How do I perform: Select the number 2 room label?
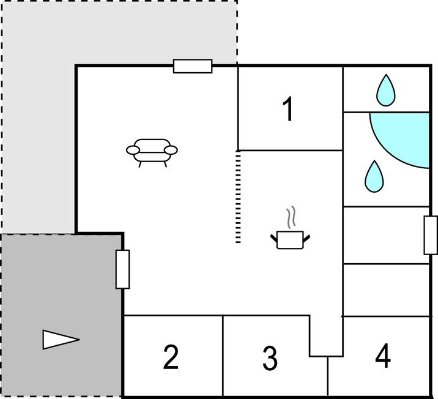(x=171, y=357)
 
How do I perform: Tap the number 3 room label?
(x=270, y=358)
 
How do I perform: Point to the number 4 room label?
(x=383, y=356)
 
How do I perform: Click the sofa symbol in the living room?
(x=152, y=151)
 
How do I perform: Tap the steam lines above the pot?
(x=292, y=217)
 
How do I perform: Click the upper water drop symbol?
(x=385, y=91)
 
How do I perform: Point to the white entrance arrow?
(x=60, y=339)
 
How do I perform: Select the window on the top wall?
(x=193, y=66)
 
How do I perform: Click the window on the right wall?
(x=431, y=235)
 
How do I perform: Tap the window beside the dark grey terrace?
(x=123, y=269)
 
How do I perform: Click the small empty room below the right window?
(x=385, y=289)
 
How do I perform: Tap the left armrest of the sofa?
(x=132, y=149)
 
